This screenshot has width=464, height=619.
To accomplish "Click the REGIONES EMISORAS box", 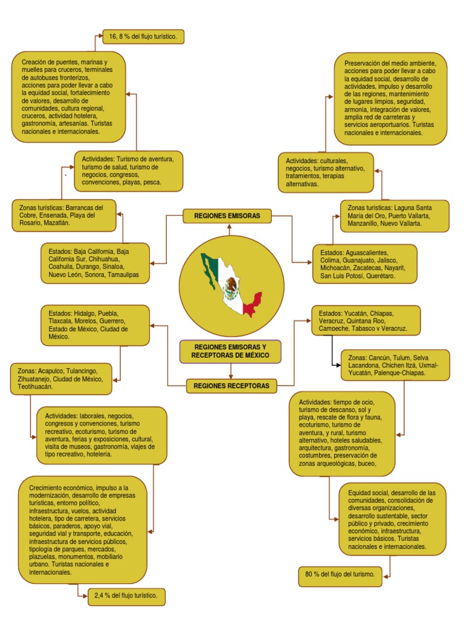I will [x=227, y=216].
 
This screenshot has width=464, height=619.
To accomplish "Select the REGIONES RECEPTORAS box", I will [x=227, y=385].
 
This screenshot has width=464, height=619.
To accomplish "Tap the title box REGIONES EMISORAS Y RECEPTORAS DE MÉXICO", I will [x=230, y=351].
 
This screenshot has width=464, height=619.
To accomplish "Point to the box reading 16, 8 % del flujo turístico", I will [x=143, y=37].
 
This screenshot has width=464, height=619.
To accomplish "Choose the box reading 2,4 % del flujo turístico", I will [x=126, y=596].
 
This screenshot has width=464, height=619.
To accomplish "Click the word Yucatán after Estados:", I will [x=358, y=314].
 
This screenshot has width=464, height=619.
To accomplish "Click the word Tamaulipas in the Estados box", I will [x=123, y=274].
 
